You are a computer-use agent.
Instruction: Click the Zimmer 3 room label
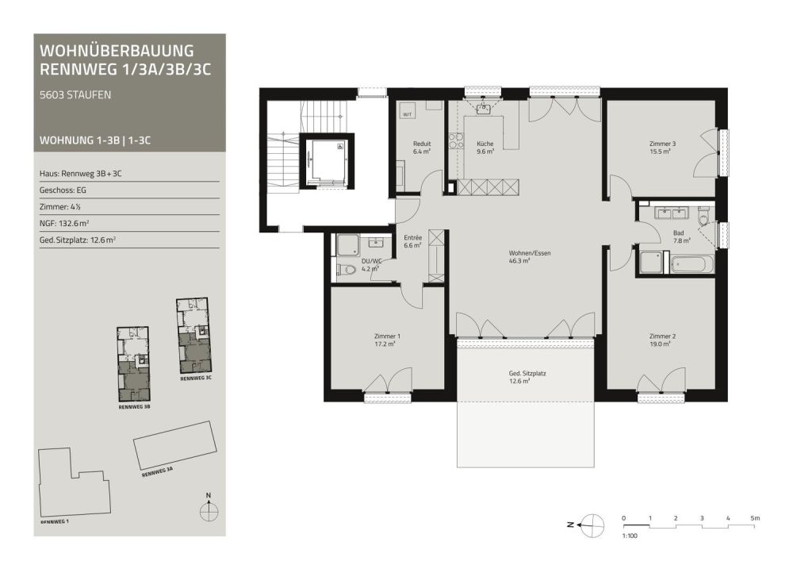tap(662, 144)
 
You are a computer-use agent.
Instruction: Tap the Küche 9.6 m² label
tap(485, 148)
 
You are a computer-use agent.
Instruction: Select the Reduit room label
tap(422, 144)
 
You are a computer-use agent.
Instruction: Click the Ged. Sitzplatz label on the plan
tap(527, 374)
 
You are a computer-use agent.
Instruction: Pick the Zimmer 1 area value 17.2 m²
tap(385, 344)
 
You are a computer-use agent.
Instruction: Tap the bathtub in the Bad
tap(691, 264)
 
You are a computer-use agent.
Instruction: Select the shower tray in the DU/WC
tap(348, 245)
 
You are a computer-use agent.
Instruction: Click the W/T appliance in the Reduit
tap(407, 114)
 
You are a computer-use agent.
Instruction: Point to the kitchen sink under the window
tap(484, 109)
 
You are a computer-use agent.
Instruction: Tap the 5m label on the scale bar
tap(755, 518)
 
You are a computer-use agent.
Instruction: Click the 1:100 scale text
tap(630, 536)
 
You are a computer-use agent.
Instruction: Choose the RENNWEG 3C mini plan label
tap(196, 379)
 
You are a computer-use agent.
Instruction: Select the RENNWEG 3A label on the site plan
tap(157, 472)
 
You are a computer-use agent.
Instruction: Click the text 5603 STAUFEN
tap(75, 95)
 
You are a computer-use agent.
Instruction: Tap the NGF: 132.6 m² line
tap(64, 223)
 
